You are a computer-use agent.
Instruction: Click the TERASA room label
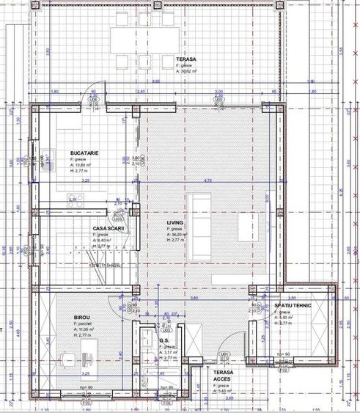click(x=185, y=58)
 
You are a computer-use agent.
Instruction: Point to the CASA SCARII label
click(x=109, y=228)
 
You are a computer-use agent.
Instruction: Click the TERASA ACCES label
click(x=224, y=376)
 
